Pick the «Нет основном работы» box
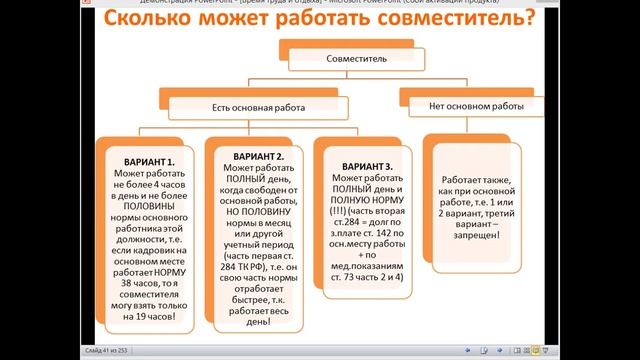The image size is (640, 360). click(x=476, y=104)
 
